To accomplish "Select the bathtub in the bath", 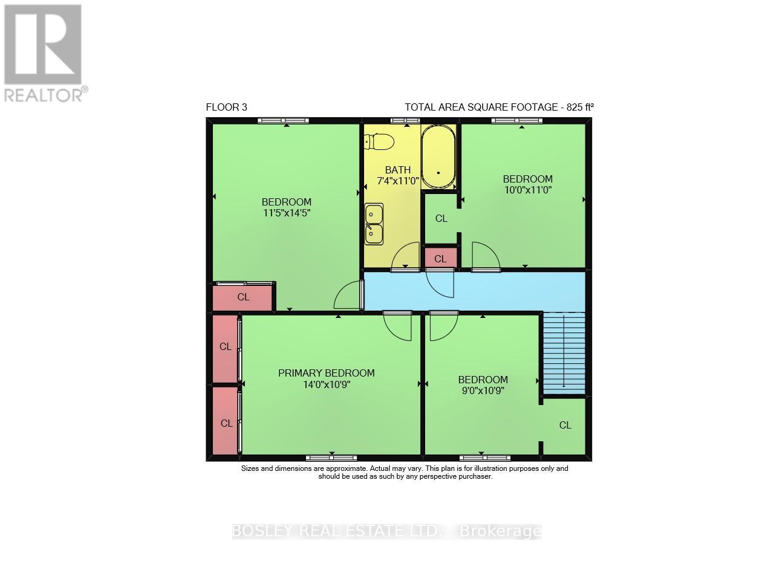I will pos(438,157).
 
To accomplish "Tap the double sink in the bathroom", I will pos(374,224).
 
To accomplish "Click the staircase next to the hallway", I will pos(564,353).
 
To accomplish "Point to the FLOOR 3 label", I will pos(227,108).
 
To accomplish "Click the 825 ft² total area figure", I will pos(580,108).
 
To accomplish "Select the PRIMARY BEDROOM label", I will pos(327,373).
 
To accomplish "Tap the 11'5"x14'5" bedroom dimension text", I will pos(287,213).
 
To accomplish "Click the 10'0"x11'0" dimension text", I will pos(528,190).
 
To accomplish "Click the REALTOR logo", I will pos(44,53).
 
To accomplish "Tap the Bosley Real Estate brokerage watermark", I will pos(387,531).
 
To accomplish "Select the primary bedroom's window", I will pos(331,458).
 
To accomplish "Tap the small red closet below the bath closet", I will pos(440,259).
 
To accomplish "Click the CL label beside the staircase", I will pos(565,426).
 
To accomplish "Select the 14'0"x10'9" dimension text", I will pos(327,384).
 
